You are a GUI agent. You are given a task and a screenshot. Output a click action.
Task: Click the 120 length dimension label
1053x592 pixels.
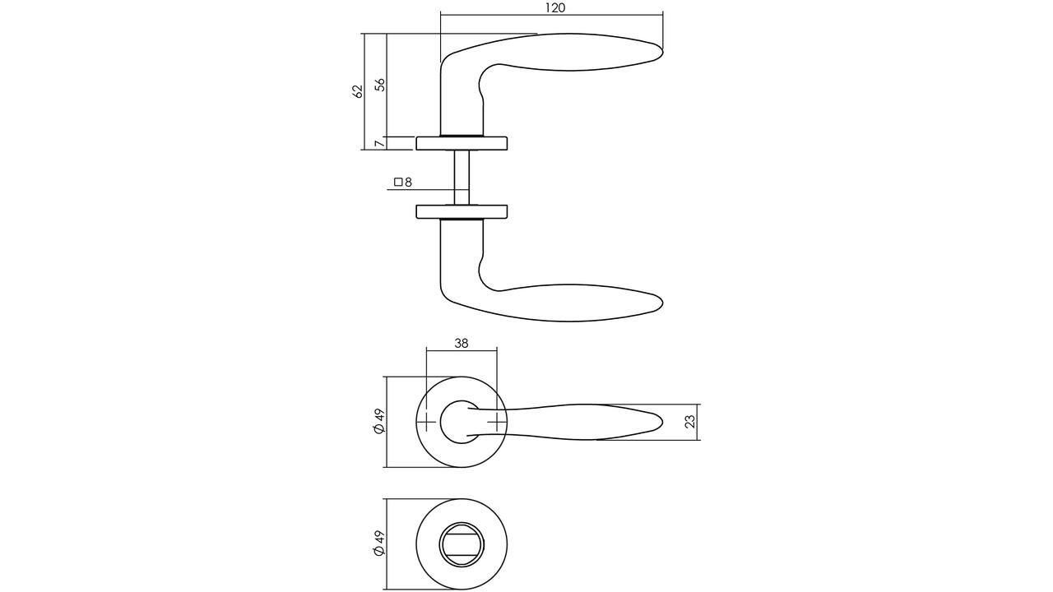coord(555,8)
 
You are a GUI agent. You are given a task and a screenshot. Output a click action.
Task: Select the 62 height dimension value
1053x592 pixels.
coord(358,90)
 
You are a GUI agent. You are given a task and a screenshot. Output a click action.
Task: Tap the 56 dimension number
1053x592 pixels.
coord(379,84)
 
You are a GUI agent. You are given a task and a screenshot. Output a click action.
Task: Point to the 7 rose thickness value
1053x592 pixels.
coord(379,143)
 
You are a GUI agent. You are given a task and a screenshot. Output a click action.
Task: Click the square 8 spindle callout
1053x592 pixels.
coord(403,182)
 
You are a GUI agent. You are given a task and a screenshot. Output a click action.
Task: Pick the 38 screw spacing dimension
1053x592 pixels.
coord(462,344)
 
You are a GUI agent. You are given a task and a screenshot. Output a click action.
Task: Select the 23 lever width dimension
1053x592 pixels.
coord(689,422)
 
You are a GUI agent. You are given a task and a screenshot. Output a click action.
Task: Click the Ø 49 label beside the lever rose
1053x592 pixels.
coord(379,422)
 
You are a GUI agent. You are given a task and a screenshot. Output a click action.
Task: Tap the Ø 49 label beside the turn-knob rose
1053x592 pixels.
coord(379,544)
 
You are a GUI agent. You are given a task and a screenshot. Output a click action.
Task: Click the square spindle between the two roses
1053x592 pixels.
coord(462,178)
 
